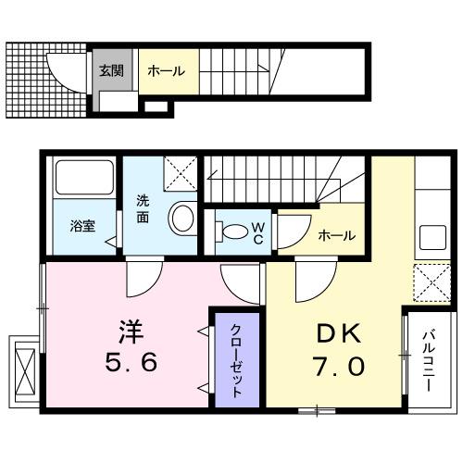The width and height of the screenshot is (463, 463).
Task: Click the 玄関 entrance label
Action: pos(112,70)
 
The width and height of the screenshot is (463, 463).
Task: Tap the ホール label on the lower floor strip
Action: pos(165,70)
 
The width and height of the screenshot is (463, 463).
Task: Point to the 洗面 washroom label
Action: pos(144,207)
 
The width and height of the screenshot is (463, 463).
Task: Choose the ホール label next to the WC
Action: pos(335,235)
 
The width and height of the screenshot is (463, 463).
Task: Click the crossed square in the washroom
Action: pos(180,173)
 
